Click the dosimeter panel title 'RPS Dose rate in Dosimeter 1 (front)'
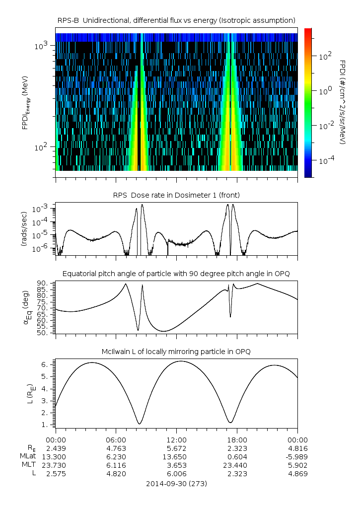click(176, 194)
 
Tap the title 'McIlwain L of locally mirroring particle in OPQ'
click(176, 352)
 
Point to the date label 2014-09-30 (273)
click(176, 483)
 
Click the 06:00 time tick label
click(116, 440)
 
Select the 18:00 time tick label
click(237, 440)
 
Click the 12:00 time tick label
click(176, 440)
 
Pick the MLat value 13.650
click(176, 457)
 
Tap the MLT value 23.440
click(237, 465)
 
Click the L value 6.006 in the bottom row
click(176, 474)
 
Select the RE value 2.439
click(56, 448)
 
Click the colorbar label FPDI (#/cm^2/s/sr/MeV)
click(343, 102)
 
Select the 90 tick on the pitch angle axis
click(44, 284)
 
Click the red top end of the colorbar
click(308, 31)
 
